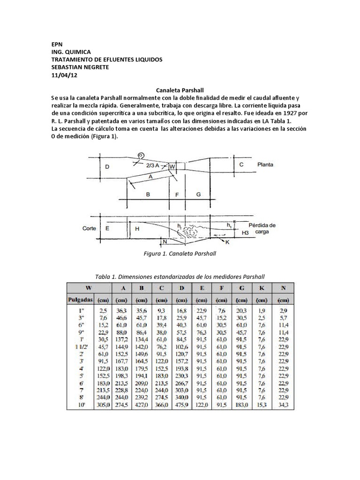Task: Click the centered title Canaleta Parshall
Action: [x=180, y=90]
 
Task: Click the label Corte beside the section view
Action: [x=89, y=229]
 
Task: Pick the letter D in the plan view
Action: [x=107, y=166]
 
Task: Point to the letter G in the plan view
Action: [x=198, y=194]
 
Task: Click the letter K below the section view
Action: [x=227, y=242]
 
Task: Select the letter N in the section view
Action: [x=164, y=242]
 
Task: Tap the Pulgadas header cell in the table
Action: [x=80, y=299]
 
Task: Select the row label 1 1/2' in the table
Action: [x=86, y=346]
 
